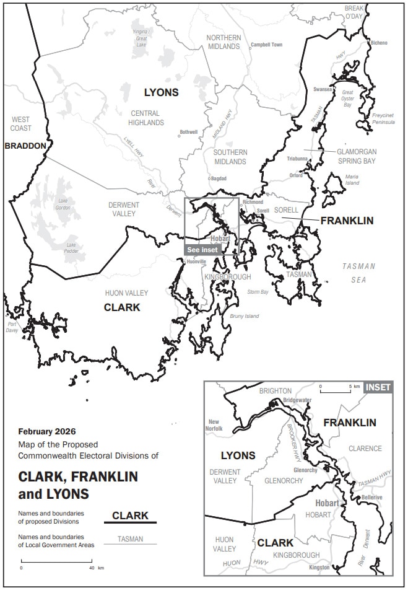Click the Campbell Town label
(266, 45)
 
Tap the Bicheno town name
(378, 43)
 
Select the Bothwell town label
(188, 132)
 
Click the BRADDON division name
(25, 146)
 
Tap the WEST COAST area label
(20, 124)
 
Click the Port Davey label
(12, 327)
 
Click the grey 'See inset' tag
(202, 249)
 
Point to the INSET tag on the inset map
(378, 387)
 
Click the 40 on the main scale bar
(92, 568)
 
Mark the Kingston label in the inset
(319, 567)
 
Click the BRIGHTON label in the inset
(275, 391)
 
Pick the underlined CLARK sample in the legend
(130, 516)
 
